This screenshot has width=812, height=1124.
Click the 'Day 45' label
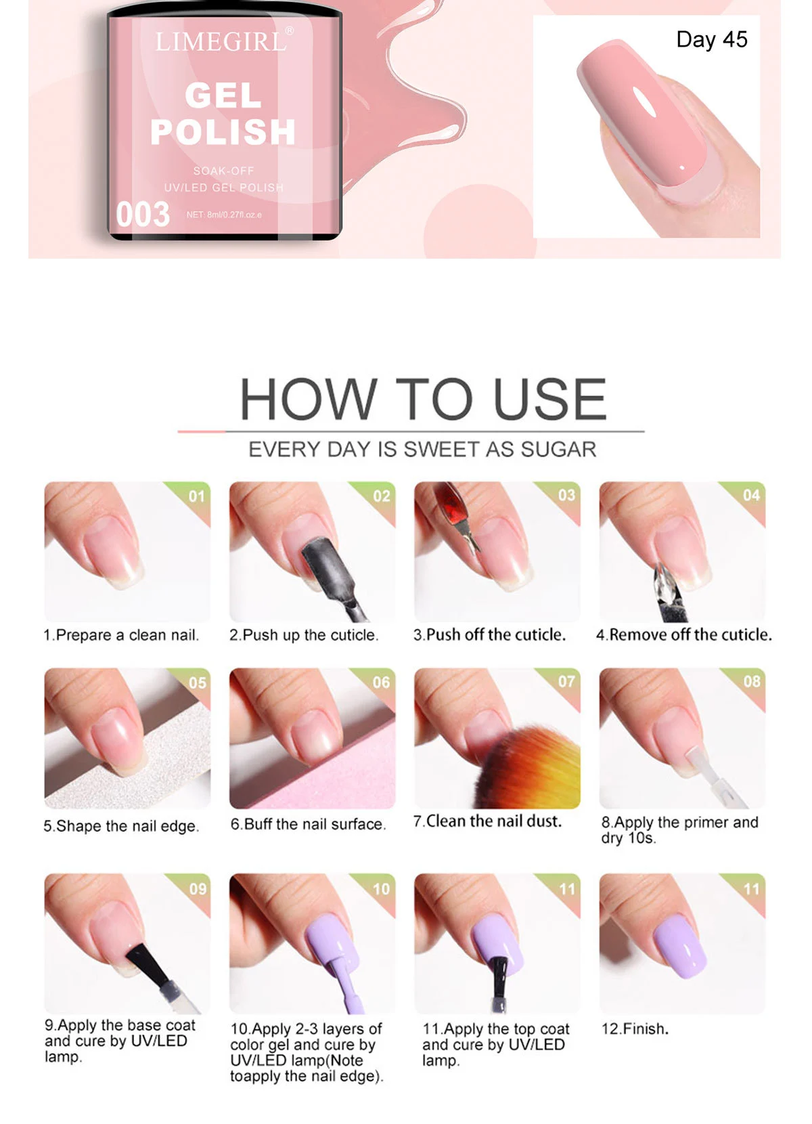point(711,39)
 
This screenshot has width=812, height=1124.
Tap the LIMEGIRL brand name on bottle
point(221,43)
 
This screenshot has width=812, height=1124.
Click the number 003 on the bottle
point(143,215)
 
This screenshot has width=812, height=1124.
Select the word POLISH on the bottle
point(223,132)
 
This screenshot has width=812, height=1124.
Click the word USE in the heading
point(549,399)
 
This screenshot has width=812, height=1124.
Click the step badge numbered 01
point(196,496)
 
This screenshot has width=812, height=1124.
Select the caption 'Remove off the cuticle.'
point(684,635)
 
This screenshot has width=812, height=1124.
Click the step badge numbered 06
point(381,683)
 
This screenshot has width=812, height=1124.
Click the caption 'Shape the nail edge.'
point(122,826)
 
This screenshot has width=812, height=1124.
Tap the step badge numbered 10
point(381,888)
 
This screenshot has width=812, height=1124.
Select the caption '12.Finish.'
point(635,1029)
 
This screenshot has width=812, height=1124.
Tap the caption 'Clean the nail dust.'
point(488,821)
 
